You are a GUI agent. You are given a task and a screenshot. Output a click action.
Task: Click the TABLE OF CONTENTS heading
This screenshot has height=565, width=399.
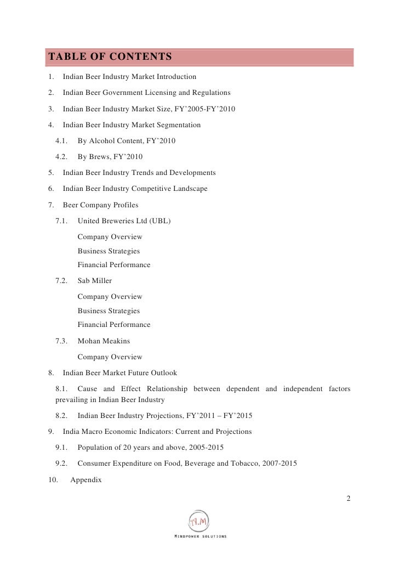110,57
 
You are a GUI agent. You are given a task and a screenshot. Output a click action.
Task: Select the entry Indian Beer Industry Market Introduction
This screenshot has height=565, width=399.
129,77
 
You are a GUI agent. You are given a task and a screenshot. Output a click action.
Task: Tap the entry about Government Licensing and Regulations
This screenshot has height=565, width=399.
146,93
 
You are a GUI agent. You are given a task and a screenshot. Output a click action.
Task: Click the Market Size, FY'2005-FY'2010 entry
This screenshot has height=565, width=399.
149,109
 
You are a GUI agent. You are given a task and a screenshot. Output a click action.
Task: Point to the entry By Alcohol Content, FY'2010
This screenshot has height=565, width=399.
126,141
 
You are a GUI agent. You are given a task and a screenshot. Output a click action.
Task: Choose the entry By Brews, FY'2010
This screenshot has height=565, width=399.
110,157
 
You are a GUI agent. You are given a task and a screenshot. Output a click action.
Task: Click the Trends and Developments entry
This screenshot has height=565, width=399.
139,173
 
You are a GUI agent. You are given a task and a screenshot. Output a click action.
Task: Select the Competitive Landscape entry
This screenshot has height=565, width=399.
135,189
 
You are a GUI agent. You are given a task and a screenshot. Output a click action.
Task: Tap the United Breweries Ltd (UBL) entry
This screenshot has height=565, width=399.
124,221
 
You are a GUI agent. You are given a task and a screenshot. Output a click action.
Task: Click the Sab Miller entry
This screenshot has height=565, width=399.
94,281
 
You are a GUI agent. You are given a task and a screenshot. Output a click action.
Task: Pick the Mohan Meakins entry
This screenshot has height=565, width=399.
104,341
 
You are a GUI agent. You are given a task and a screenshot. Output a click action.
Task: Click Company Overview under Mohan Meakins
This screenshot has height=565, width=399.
110,357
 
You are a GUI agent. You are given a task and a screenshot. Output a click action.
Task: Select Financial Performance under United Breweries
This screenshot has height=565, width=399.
113,265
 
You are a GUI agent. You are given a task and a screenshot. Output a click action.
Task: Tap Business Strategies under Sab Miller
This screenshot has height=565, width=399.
109,311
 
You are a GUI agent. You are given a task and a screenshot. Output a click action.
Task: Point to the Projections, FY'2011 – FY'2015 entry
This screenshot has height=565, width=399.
164,416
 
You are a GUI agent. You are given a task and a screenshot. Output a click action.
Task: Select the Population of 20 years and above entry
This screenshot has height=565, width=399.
150,448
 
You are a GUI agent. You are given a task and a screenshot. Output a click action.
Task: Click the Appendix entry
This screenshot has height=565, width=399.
86,480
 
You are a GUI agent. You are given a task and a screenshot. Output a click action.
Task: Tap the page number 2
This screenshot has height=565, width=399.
348,498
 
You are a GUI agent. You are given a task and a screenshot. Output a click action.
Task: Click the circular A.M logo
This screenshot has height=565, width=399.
199,521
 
